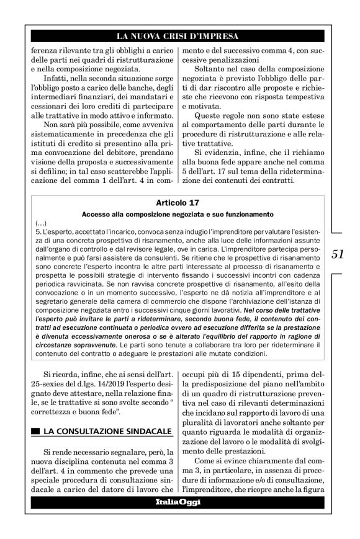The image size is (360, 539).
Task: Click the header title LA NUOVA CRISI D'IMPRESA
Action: click(177, 35)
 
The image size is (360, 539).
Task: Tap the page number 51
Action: click(338, 253)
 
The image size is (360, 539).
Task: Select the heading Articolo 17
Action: click(178, 203)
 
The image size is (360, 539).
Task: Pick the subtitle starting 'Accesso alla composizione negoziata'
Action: click(178, 214)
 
